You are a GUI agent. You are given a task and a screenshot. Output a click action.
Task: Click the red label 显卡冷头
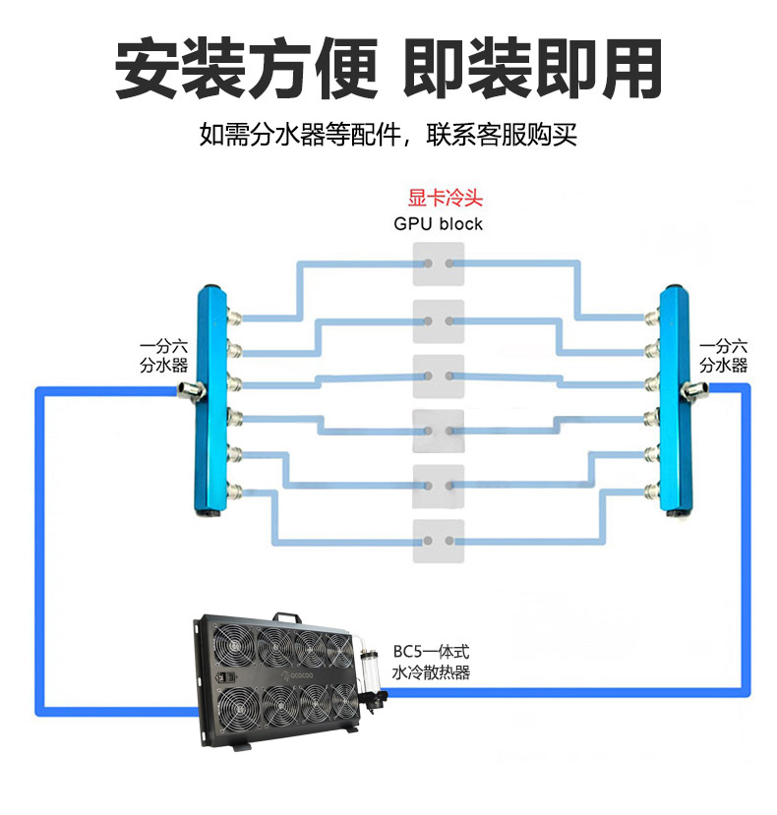click(439, 198)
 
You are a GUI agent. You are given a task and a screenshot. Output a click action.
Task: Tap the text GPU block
click(439, 224)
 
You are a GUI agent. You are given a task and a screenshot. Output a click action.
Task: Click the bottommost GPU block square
click(439, 541)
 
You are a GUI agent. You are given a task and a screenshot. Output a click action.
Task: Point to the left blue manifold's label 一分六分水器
click(163, 356)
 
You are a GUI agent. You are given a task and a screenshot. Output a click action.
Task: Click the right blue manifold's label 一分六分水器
click(723, 356)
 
